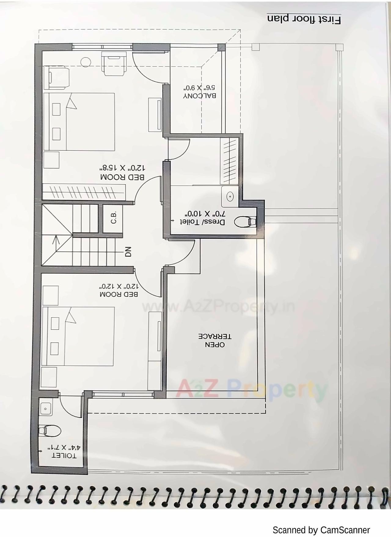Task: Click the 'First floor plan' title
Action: (x=304, y=19)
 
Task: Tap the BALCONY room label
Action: (x=200, y=95)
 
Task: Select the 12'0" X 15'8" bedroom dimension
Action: (x=122, y=168)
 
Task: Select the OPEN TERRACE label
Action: (x=215, y=341)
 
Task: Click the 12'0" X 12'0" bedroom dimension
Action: (x=119, y=286)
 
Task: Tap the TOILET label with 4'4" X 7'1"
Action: (x=64, y=456)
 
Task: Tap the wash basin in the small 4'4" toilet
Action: (x=46, y=408)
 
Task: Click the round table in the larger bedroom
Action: (x=86, y=62)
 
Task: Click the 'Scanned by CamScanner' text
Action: (x=321, y=530)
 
